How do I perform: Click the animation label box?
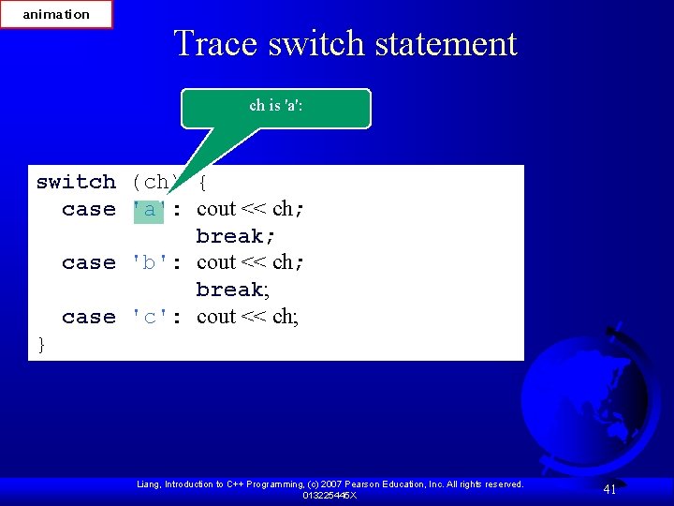(x=56, y=14)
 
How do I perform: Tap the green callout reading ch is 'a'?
(x=276, y=107)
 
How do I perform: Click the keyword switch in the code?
(x=76, y=182)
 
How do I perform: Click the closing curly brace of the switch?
(x=41, y=345)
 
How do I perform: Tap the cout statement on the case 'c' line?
(x=247, y=317)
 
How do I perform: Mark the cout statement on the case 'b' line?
(x=247, y=262)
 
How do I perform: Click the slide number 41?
(x=609, y=489)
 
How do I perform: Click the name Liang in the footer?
(x=151, y=484)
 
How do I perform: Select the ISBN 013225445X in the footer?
(x=330, y=495)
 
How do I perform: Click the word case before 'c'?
(x=89, y=317)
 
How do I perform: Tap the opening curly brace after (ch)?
(x=202, y=182)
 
